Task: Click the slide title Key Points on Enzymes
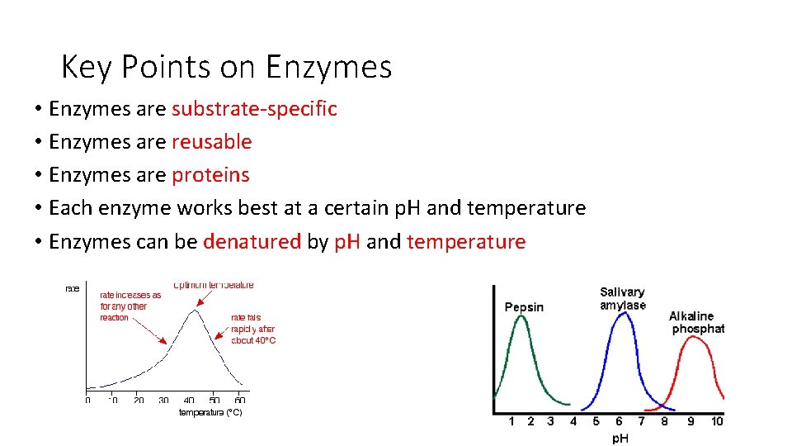[x=226, y=67]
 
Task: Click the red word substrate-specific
[x=254, y=109]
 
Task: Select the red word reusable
[x=211, y=142]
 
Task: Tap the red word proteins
[x=210, y=175]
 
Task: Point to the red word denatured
[x=252, y=242]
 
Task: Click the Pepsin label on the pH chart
[x=524, y=307]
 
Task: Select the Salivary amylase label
[x=623, y=298]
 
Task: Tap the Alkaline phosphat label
[x=696, y=322]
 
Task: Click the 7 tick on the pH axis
[x=642, y=421]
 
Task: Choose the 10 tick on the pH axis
[x=717, y=421]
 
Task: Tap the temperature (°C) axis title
[x=210, y=412]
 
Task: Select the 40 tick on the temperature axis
[x=189, y=400]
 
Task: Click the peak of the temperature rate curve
[x=194, y=310]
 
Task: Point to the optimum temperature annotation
[x=214, y=285]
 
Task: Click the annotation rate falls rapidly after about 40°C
[x=253, y=328]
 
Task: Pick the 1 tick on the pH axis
[x=511, y=421]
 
